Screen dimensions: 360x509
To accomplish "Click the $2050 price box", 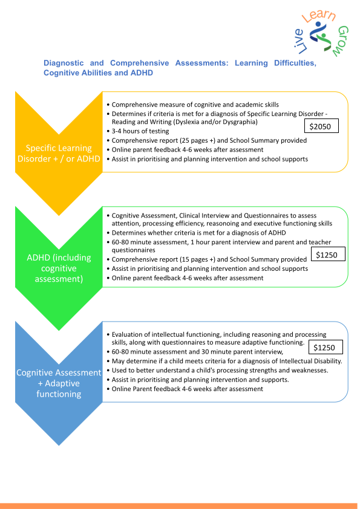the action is click(x=321, y=126).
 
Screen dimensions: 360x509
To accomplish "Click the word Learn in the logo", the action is click(x=319, y=16).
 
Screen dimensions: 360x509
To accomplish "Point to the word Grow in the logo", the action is click(x=341, y=41).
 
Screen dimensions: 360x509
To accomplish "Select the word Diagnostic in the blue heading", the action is click(x=64, y=63).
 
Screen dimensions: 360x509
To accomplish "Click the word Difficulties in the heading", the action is click(x=295, y=63).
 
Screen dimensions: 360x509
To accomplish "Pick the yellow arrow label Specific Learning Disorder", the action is click(x=59, y=153).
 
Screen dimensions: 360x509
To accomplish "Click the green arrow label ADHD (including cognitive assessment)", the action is click(x=59, y=268).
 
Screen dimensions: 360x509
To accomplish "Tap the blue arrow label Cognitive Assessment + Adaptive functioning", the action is click(x=59, y=383).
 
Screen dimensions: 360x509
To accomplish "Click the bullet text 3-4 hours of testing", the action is click(x=140, y=131).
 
